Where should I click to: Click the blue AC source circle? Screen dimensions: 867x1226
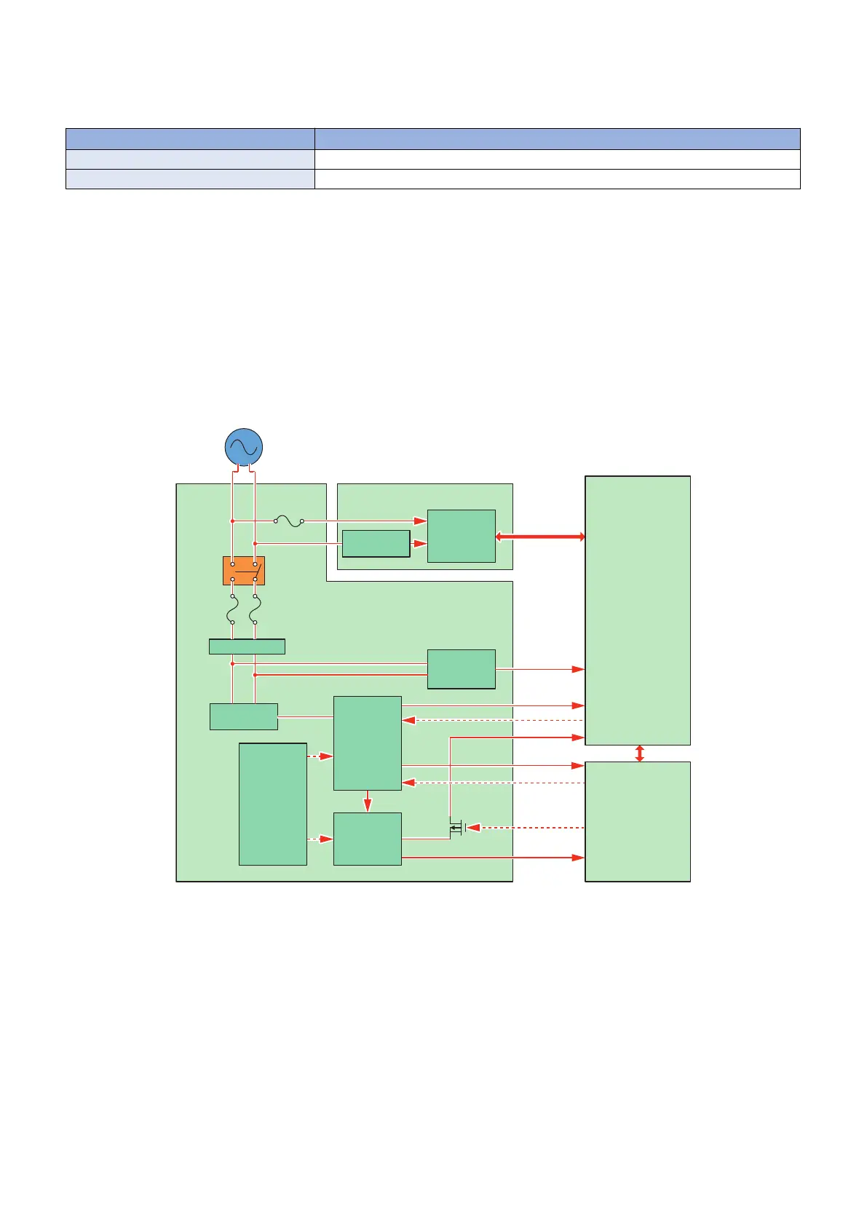point(243,447)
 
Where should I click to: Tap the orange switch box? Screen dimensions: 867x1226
point(243,571)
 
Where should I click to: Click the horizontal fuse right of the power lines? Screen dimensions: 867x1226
point(289,521)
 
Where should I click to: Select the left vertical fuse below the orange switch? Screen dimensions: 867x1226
point(232,608)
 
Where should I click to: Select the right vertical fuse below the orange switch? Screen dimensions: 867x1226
point(255,608)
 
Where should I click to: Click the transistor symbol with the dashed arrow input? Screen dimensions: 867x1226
point(456,828)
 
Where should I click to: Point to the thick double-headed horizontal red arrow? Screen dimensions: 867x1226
point(540,537)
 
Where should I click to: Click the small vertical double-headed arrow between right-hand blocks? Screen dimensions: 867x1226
point(639,754)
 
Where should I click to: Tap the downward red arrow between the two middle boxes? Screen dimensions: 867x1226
point(368,802)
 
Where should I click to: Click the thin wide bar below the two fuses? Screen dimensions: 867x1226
point(247,646)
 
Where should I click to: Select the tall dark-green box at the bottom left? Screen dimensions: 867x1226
point(273,804)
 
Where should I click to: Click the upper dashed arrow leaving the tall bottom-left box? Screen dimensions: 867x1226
point(320,757)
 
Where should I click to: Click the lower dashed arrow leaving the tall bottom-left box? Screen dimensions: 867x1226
point(320,839)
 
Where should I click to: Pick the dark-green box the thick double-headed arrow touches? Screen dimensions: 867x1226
point(461,536)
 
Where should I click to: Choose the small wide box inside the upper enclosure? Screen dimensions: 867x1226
point(376,544)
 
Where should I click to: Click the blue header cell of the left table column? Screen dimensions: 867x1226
point(190,139)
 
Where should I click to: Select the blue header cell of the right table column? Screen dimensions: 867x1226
point(557,139)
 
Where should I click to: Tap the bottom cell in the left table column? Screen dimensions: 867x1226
point(190,179)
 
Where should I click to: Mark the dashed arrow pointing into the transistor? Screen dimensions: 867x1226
point(524,828)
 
